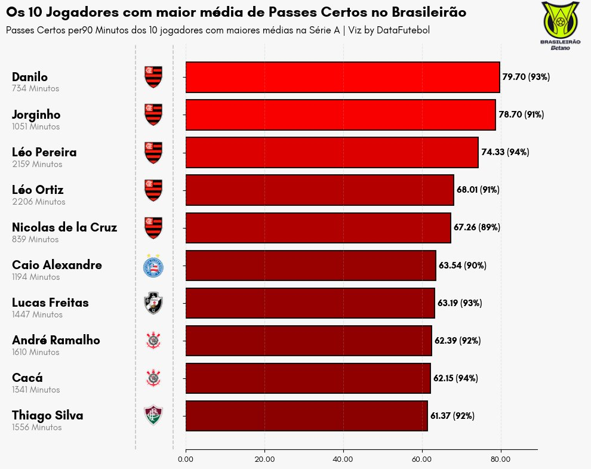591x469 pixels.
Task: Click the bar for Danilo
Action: click(x=343, y=77)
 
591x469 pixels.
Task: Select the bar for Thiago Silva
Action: click(x=307, y=416)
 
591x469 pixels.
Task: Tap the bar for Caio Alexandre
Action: click(x=311, y=266)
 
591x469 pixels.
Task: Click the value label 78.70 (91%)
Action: click(x=521, y=115)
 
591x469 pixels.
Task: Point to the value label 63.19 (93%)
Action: click(x=460, y=303)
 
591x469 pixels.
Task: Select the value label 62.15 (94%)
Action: click(x=455, y=378)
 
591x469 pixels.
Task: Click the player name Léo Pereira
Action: click(x=44, y=152)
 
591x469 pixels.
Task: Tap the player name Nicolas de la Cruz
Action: click(x=64, y=227)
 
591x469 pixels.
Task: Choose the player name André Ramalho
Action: click(x=56, y=340)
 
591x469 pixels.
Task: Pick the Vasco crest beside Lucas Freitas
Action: click(x=153, y=303)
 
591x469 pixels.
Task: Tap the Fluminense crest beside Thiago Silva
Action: click(x=153, y=415)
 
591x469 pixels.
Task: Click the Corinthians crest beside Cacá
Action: click(x=153, y=378)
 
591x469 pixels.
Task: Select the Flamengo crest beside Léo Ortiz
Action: click(x=153, y=190)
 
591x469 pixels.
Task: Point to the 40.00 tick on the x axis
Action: click(x=343, y=459)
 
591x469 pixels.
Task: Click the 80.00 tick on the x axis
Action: click(x=500, y=459)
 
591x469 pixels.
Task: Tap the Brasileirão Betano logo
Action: click(x=560, y=26)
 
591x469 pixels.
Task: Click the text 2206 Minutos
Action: click(x=39, y=202)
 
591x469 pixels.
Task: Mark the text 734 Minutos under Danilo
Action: click(x=36, y=88)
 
